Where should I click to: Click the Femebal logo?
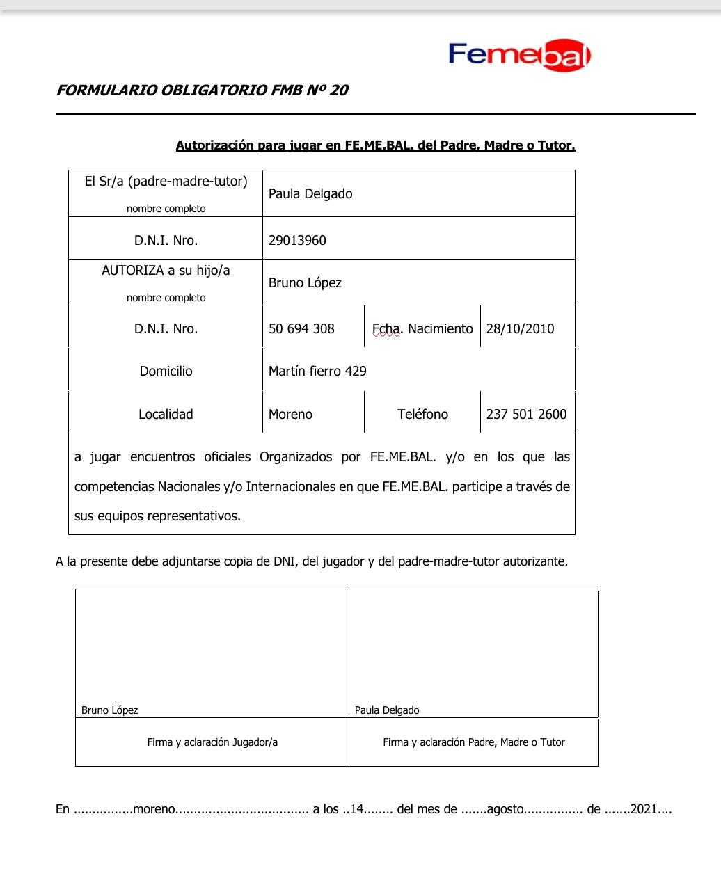pos(519,55)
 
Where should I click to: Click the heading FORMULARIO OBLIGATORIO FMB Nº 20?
pos(202,90)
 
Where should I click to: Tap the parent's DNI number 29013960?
pos(297,241)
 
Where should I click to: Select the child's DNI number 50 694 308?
pos(301,329)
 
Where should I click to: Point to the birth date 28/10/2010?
pos(520,329)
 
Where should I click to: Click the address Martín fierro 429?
pos(317,372)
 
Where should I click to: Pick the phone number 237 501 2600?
pos(526,415)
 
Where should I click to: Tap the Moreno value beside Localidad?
pos(290,415)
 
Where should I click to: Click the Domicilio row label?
pos(166,372)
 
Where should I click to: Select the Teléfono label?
pos(422,415)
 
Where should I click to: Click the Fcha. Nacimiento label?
pos(422,329)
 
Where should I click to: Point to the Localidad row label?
pos(166,415)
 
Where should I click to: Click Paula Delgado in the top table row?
pos(310,194)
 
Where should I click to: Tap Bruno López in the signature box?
pos(109,710)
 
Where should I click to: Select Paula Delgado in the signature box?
pos(387,710)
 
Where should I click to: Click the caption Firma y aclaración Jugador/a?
pos(212,742)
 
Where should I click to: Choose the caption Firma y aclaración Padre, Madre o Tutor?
pos(473,742)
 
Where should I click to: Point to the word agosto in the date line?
pos(505,810)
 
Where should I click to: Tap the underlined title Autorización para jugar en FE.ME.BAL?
pos(375,146)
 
